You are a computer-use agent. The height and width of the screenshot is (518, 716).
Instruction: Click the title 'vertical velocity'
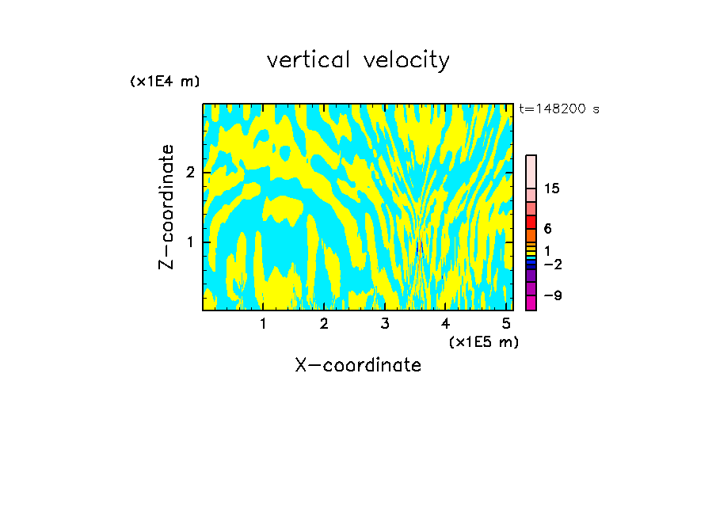358,60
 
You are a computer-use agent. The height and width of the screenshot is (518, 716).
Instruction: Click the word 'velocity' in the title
405,60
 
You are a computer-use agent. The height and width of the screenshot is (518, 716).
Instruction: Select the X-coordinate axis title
358,365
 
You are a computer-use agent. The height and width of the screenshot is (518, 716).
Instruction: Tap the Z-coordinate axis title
166,207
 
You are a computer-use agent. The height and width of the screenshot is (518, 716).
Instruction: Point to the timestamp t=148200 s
559,109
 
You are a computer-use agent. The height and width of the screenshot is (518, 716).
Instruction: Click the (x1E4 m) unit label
165,82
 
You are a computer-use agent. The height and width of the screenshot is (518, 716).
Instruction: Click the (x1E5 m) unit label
483,341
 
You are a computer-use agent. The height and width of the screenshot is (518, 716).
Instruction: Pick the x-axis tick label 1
263,324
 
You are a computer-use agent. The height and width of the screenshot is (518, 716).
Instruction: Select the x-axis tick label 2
324,324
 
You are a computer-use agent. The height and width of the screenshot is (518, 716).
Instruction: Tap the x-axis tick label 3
385,324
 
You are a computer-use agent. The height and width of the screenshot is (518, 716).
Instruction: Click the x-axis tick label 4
445,324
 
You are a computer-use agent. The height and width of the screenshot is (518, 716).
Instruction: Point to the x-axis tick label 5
506,324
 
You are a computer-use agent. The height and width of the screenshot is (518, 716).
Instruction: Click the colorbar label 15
552,189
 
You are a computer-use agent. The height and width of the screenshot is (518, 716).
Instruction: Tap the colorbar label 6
547,229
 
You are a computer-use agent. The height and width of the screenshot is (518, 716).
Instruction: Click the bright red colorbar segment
531,222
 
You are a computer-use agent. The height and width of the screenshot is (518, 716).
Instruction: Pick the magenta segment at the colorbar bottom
531,303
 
